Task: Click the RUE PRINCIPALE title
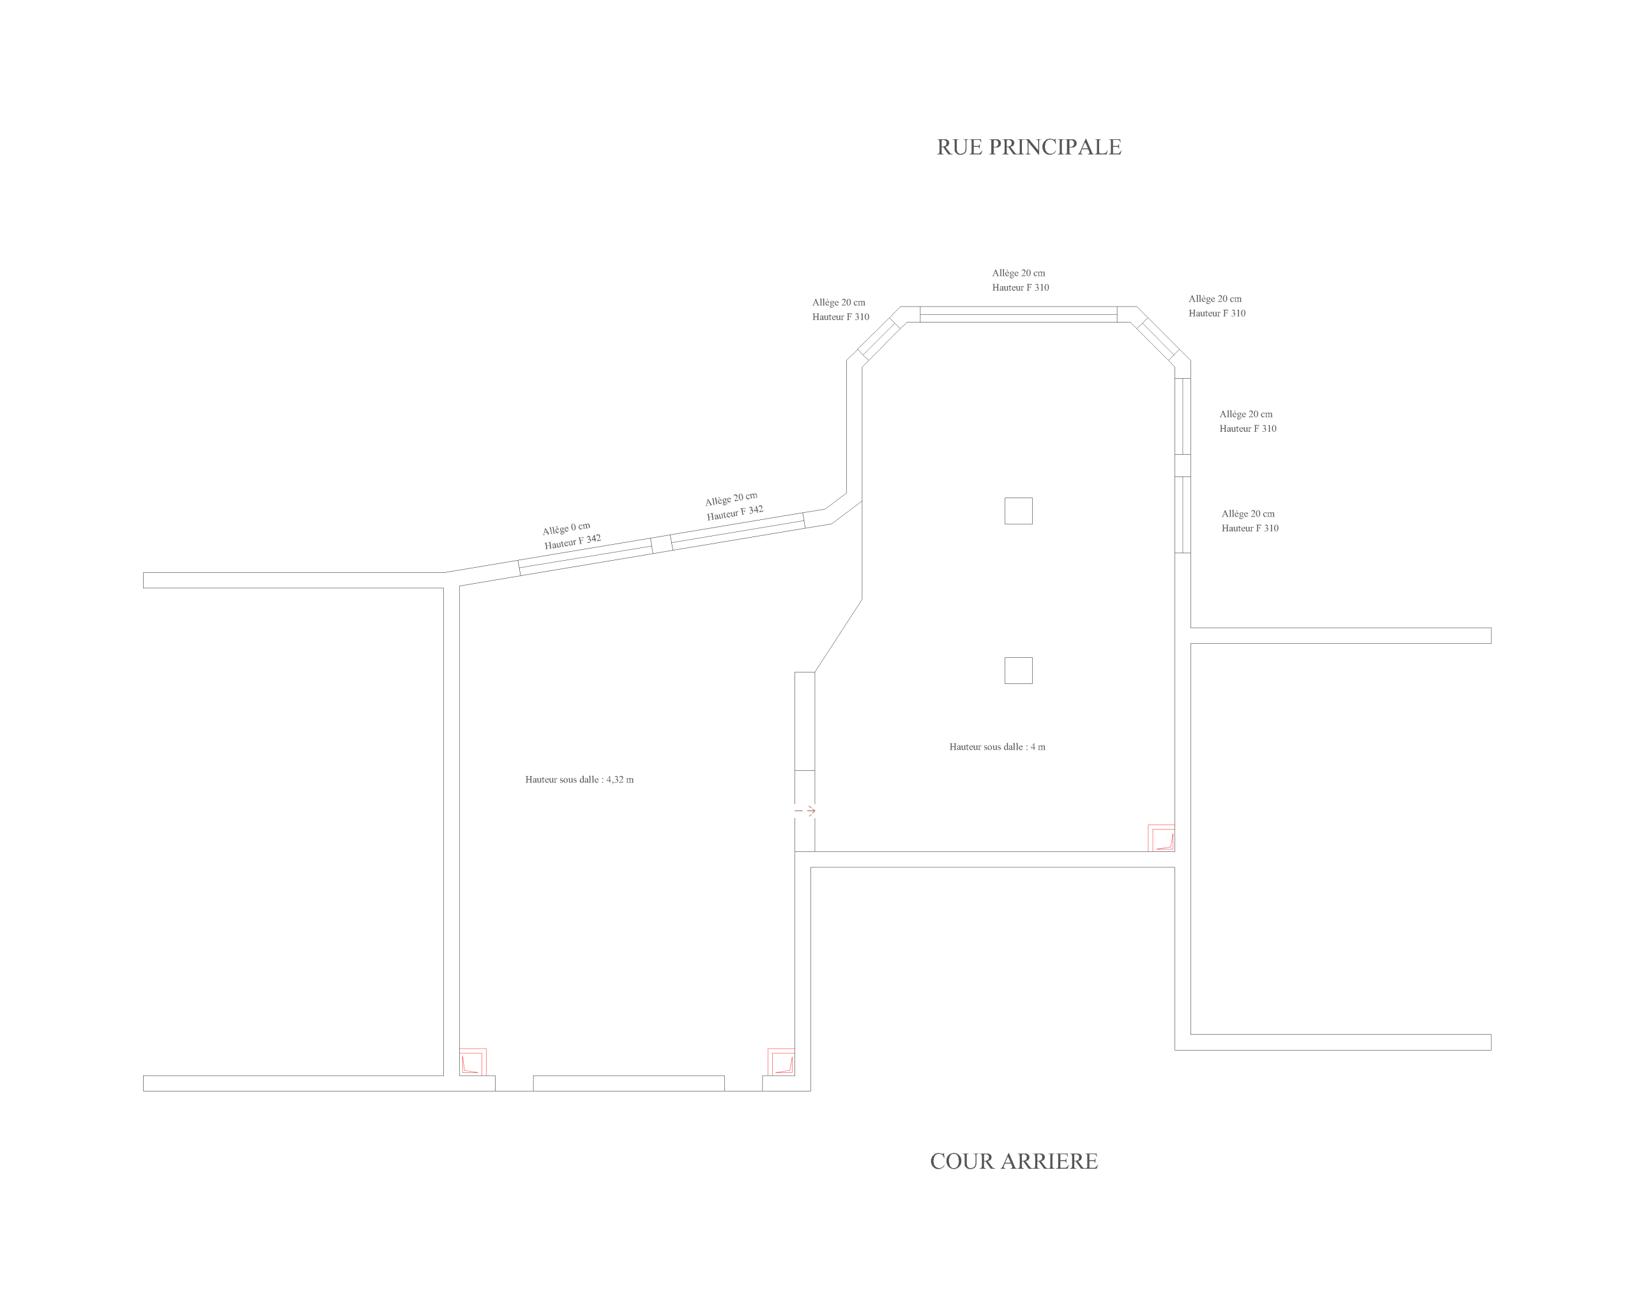coord(1029,147)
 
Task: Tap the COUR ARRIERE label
coord(1014,1162)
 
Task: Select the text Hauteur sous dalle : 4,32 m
coord(579,779)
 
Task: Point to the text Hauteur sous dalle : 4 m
coord(997,747)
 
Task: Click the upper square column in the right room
coord(1019,511)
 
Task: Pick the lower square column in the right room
coord(1019,671)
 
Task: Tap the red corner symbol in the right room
coord(1161,838)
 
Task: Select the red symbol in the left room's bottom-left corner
coord(473,1062)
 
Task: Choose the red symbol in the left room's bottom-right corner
coord(781,1062)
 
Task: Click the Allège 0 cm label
coord(566,529)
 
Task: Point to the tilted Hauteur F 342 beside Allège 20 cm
coord(735,513)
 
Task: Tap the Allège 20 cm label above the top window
coord(1019,273)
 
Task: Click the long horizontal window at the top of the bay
coord(1019,315)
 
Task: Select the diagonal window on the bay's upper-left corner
coord(878,339)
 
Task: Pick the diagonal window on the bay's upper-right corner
coord(1158,339)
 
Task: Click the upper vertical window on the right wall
coord(1183,416)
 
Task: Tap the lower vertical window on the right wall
coord(1183,515)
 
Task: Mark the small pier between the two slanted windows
coord(661,544)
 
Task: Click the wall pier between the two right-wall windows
coord(1183,466)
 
